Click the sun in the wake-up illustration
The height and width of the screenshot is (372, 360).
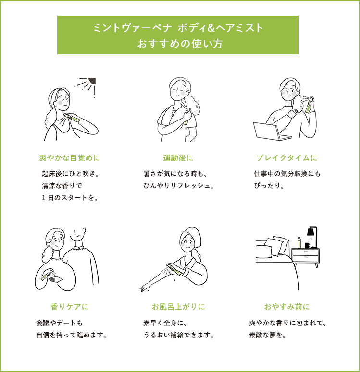coord(91,81)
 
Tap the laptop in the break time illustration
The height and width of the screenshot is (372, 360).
coord(271,132)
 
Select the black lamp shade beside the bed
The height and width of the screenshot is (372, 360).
coord(311,231)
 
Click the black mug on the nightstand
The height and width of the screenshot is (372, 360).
coord(308,245)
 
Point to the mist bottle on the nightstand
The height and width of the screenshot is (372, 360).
coord(299,242)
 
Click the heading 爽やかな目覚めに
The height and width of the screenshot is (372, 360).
coord(70,158)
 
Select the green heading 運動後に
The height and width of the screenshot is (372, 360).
coord(178,158)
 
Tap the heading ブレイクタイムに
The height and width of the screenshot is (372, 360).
coord(287,158)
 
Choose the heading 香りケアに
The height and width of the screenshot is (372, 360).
coord(70,307)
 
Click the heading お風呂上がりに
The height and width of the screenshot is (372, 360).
coord(178,307)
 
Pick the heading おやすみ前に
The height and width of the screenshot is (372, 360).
coord(287,307)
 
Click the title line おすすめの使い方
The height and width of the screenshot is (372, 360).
coord(180,44)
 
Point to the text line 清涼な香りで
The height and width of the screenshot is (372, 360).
coord(62,186)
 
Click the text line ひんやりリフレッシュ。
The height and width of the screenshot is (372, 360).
coord(178,186)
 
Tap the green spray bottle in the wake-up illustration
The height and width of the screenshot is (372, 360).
coord(74,119)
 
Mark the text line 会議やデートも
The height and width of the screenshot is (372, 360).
coord(60,323)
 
